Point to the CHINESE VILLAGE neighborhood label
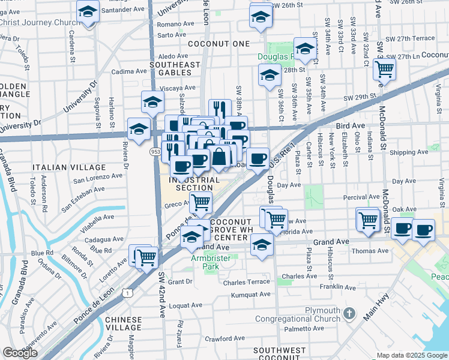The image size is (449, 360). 123,325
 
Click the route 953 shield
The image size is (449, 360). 155,151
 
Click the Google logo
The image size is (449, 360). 20,353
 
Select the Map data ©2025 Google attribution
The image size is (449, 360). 411,355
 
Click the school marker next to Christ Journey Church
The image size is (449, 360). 88,11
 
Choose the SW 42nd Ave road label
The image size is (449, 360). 161,294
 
